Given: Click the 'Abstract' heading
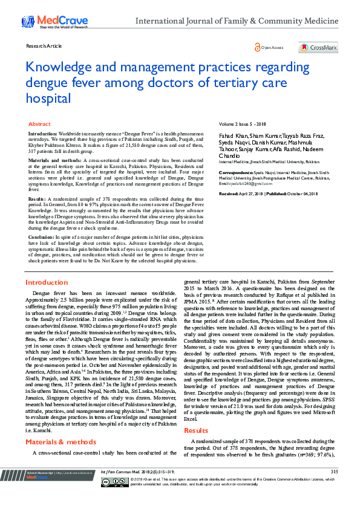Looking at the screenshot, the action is (39, 123).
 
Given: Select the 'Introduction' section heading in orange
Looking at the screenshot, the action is (46, 282).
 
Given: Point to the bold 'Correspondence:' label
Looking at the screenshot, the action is (236, 172).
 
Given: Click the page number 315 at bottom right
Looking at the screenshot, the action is (334, 488).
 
